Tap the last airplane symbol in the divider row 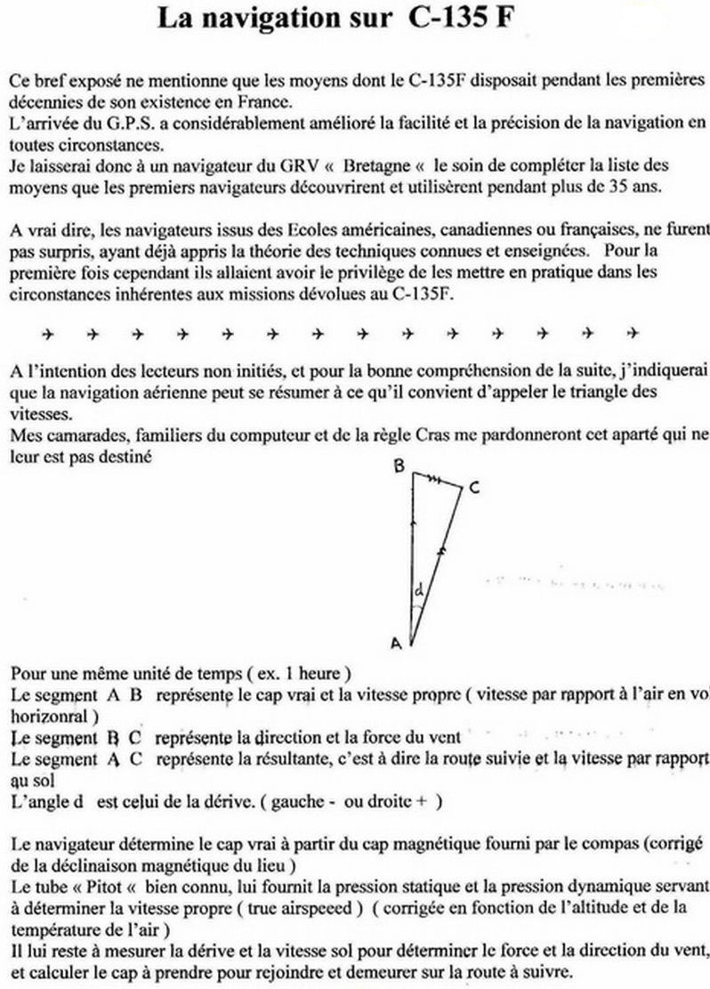pyautogui.click(x=633, y=335)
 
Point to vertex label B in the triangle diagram pyautogui.click(x=400, y=466)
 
